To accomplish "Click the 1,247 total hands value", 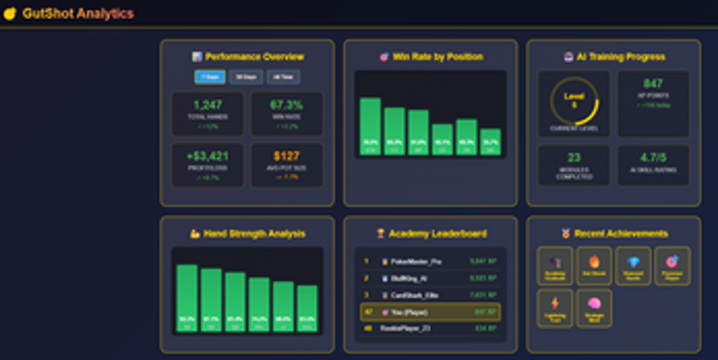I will (207, 106).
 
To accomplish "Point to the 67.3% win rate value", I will (286, 106).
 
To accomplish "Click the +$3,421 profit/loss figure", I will (207, 156).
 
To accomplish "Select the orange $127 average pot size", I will (286, 156).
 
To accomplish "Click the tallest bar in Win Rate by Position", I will (370, 126).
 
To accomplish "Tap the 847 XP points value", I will (652, 83).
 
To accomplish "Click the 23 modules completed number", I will (574, 158).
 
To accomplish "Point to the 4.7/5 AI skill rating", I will (652, 158).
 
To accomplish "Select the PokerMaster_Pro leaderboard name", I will (416, 261).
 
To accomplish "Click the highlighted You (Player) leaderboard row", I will (430, 312).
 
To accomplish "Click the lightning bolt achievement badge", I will (554, 306).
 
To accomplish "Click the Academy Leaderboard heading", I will (430, 233).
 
